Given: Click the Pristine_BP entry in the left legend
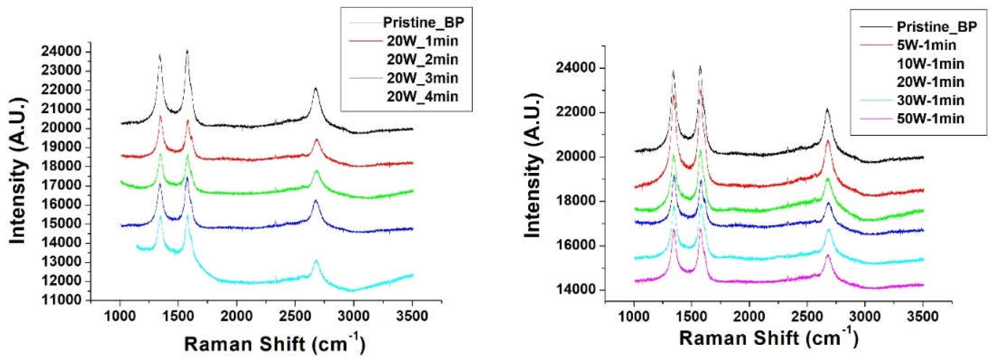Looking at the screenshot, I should click(x=423, y=22).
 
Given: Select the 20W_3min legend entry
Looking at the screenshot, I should click(x=422, y=78).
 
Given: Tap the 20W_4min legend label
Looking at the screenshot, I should click(x=422, y=96).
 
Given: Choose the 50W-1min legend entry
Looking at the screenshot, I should click(x=931, y=118).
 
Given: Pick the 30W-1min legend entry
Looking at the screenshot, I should click(x=931, y=100).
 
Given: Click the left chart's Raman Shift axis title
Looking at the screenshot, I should click(x=274, y=343).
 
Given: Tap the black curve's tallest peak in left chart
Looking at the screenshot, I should click(x=187, y=50).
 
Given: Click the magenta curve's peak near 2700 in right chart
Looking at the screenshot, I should click(x=827, y=256).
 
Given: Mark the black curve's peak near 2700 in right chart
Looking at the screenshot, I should click(x=827, y=109).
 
